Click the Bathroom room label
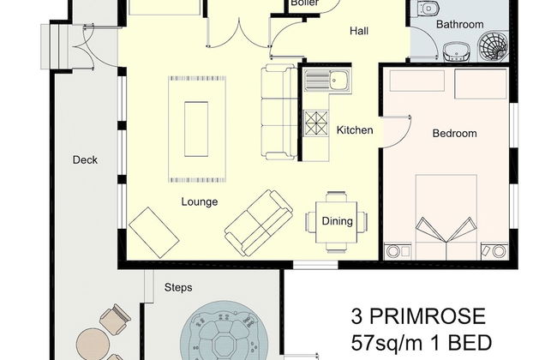(x=459, y=25)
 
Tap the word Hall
(x=359, y=31)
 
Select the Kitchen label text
(x=355, y=130)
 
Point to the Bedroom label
(x=454, y=133)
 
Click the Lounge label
(x=200, y=201)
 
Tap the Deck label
(x=85, y=160)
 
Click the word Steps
(x=178, y=287)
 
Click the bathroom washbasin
(x=458, y=52)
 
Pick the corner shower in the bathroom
(x=493, y=46)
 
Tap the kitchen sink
(x=327, y=81)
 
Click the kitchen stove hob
(x=316, y=123)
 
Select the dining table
(x=337, y=222)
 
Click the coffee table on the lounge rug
(x=196, y=129)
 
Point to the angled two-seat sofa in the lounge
(x=259, y=223)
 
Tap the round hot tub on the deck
(x=225, y=331)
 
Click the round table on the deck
(x=93, y=344)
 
